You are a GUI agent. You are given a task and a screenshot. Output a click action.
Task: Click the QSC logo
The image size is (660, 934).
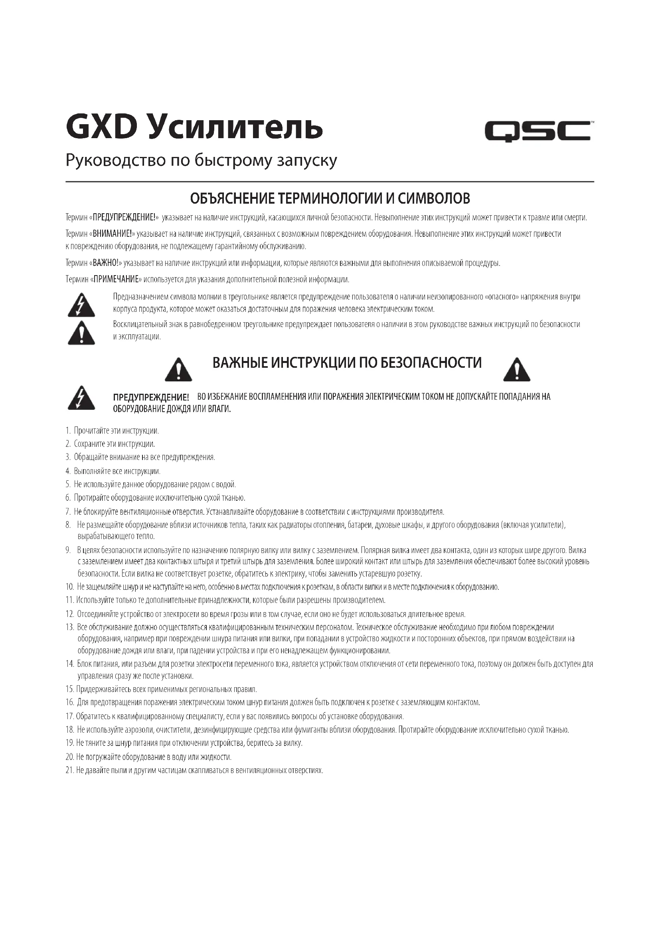[x=537, y=131]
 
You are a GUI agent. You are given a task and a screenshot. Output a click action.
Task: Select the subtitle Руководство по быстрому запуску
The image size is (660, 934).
[x=201, y=161]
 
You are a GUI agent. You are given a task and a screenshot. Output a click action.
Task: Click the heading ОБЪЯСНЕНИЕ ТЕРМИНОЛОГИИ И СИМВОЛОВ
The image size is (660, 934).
[x=330, y=198]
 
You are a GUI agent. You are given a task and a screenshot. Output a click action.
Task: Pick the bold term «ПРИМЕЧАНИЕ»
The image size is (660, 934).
[x=117, y=280]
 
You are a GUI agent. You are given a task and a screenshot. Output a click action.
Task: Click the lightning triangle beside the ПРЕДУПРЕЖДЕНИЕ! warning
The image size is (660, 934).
[x=81, y=397]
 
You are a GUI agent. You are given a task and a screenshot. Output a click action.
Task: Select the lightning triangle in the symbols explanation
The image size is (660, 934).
[x=81, y=305]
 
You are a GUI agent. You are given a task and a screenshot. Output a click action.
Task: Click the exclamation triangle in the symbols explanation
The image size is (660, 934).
[x=81, y=333]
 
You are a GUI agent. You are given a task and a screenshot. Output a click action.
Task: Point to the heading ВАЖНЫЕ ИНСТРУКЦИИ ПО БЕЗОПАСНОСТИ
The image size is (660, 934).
[x=347, y=363]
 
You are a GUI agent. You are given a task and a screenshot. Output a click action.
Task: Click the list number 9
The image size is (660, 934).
[x=68, y=550]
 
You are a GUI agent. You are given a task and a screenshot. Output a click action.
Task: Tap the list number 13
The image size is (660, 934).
[x=69, y=627]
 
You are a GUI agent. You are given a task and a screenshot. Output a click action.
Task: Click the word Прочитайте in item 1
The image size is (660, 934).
[x=89, y=430]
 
